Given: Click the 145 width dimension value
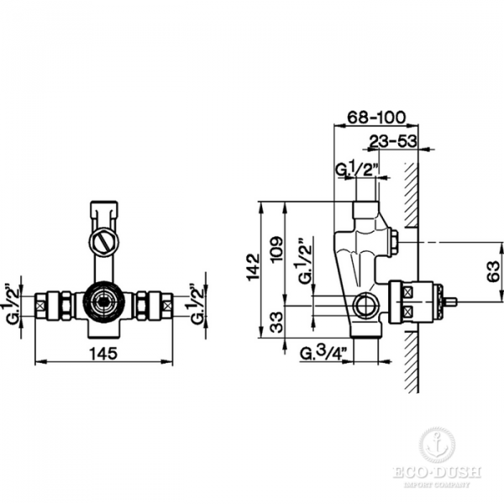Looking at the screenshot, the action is (103, 354).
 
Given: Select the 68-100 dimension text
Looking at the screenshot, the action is (376, 118).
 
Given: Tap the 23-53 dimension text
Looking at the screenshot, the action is (393, 141).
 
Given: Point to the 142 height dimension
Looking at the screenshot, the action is (254, 267).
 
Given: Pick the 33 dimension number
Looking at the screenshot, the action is (276, 323).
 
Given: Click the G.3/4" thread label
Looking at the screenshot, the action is (324, 354).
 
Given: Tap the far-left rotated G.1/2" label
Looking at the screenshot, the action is (13, 304).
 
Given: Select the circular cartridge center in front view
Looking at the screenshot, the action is (103, 302).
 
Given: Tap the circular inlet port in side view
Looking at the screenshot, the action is (366, 304).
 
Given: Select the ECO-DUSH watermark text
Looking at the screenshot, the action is (437, 472).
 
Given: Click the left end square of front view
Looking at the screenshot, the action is (40, 306).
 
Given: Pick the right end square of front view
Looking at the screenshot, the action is (167, 306).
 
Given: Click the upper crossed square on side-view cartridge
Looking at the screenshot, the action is (408, 292).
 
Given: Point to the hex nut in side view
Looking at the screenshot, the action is (393, 241).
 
